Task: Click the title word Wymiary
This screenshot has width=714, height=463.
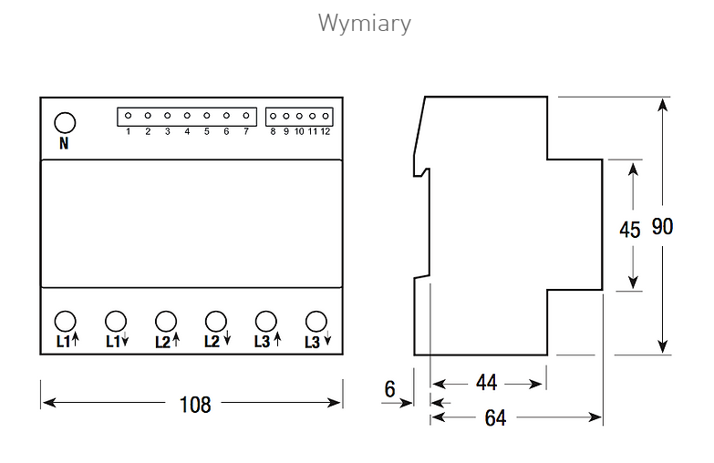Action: click(x=364, y=23)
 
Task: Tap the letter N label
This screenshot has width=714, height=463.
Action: click(x=64, y=143)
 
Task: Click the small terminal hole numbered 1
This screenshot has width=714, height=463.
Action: click(x=128, y=116)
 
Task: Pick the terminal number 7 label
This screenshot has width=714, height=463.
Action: click(x=246, y=131)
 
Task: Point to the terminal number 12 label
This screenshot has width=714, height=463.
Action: click(x=326, y=131)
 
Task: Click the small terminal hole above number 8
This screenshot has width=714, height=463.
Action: click(x=273, y=116)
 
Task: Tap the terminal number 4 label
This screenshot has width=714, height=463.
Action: click(x=187, y=131)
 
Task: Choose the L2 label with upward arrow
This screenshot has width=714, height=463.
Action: click(x=167, y=341)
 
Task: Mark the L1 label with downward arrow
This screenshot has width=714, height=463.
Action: click(x=117, y=341)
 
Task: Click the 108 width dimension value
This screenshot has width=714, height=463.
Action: click(x=195, y=405)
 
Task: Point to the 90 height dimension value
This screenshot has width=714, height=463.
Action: click(x=662, y=226)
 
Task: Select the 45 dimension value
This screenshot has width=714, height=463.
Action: click(x=630, y=230)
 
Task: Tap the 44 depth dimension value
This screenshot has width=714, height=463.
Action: click(x=486, y=383)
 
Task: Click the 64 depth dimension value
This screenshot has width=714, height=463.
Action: click(x=495, y=418)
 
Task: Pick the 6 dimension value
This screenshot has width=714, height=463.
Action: click(x=389, y=389)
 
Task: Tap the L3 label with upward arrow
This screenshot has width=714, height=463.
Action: click(x=268, y=341)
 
